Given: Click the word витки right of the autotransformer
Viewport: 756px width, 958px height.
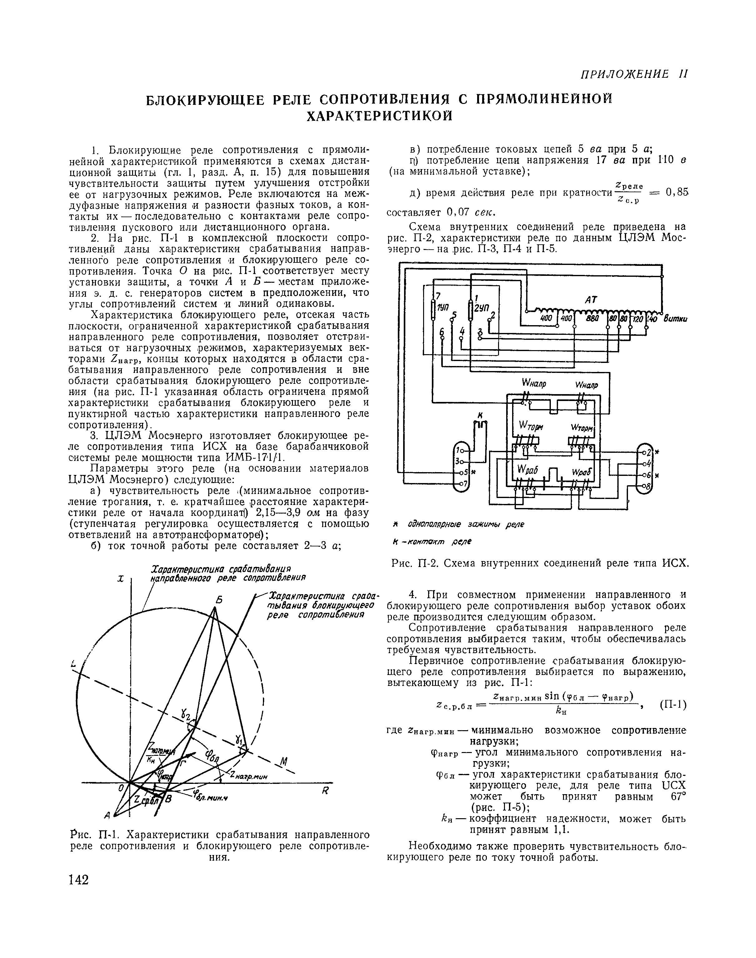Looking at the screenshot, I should tap(674, 319).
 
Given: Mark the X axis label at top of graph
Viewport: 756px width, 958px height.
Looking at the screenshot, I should tap(120, 579).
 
